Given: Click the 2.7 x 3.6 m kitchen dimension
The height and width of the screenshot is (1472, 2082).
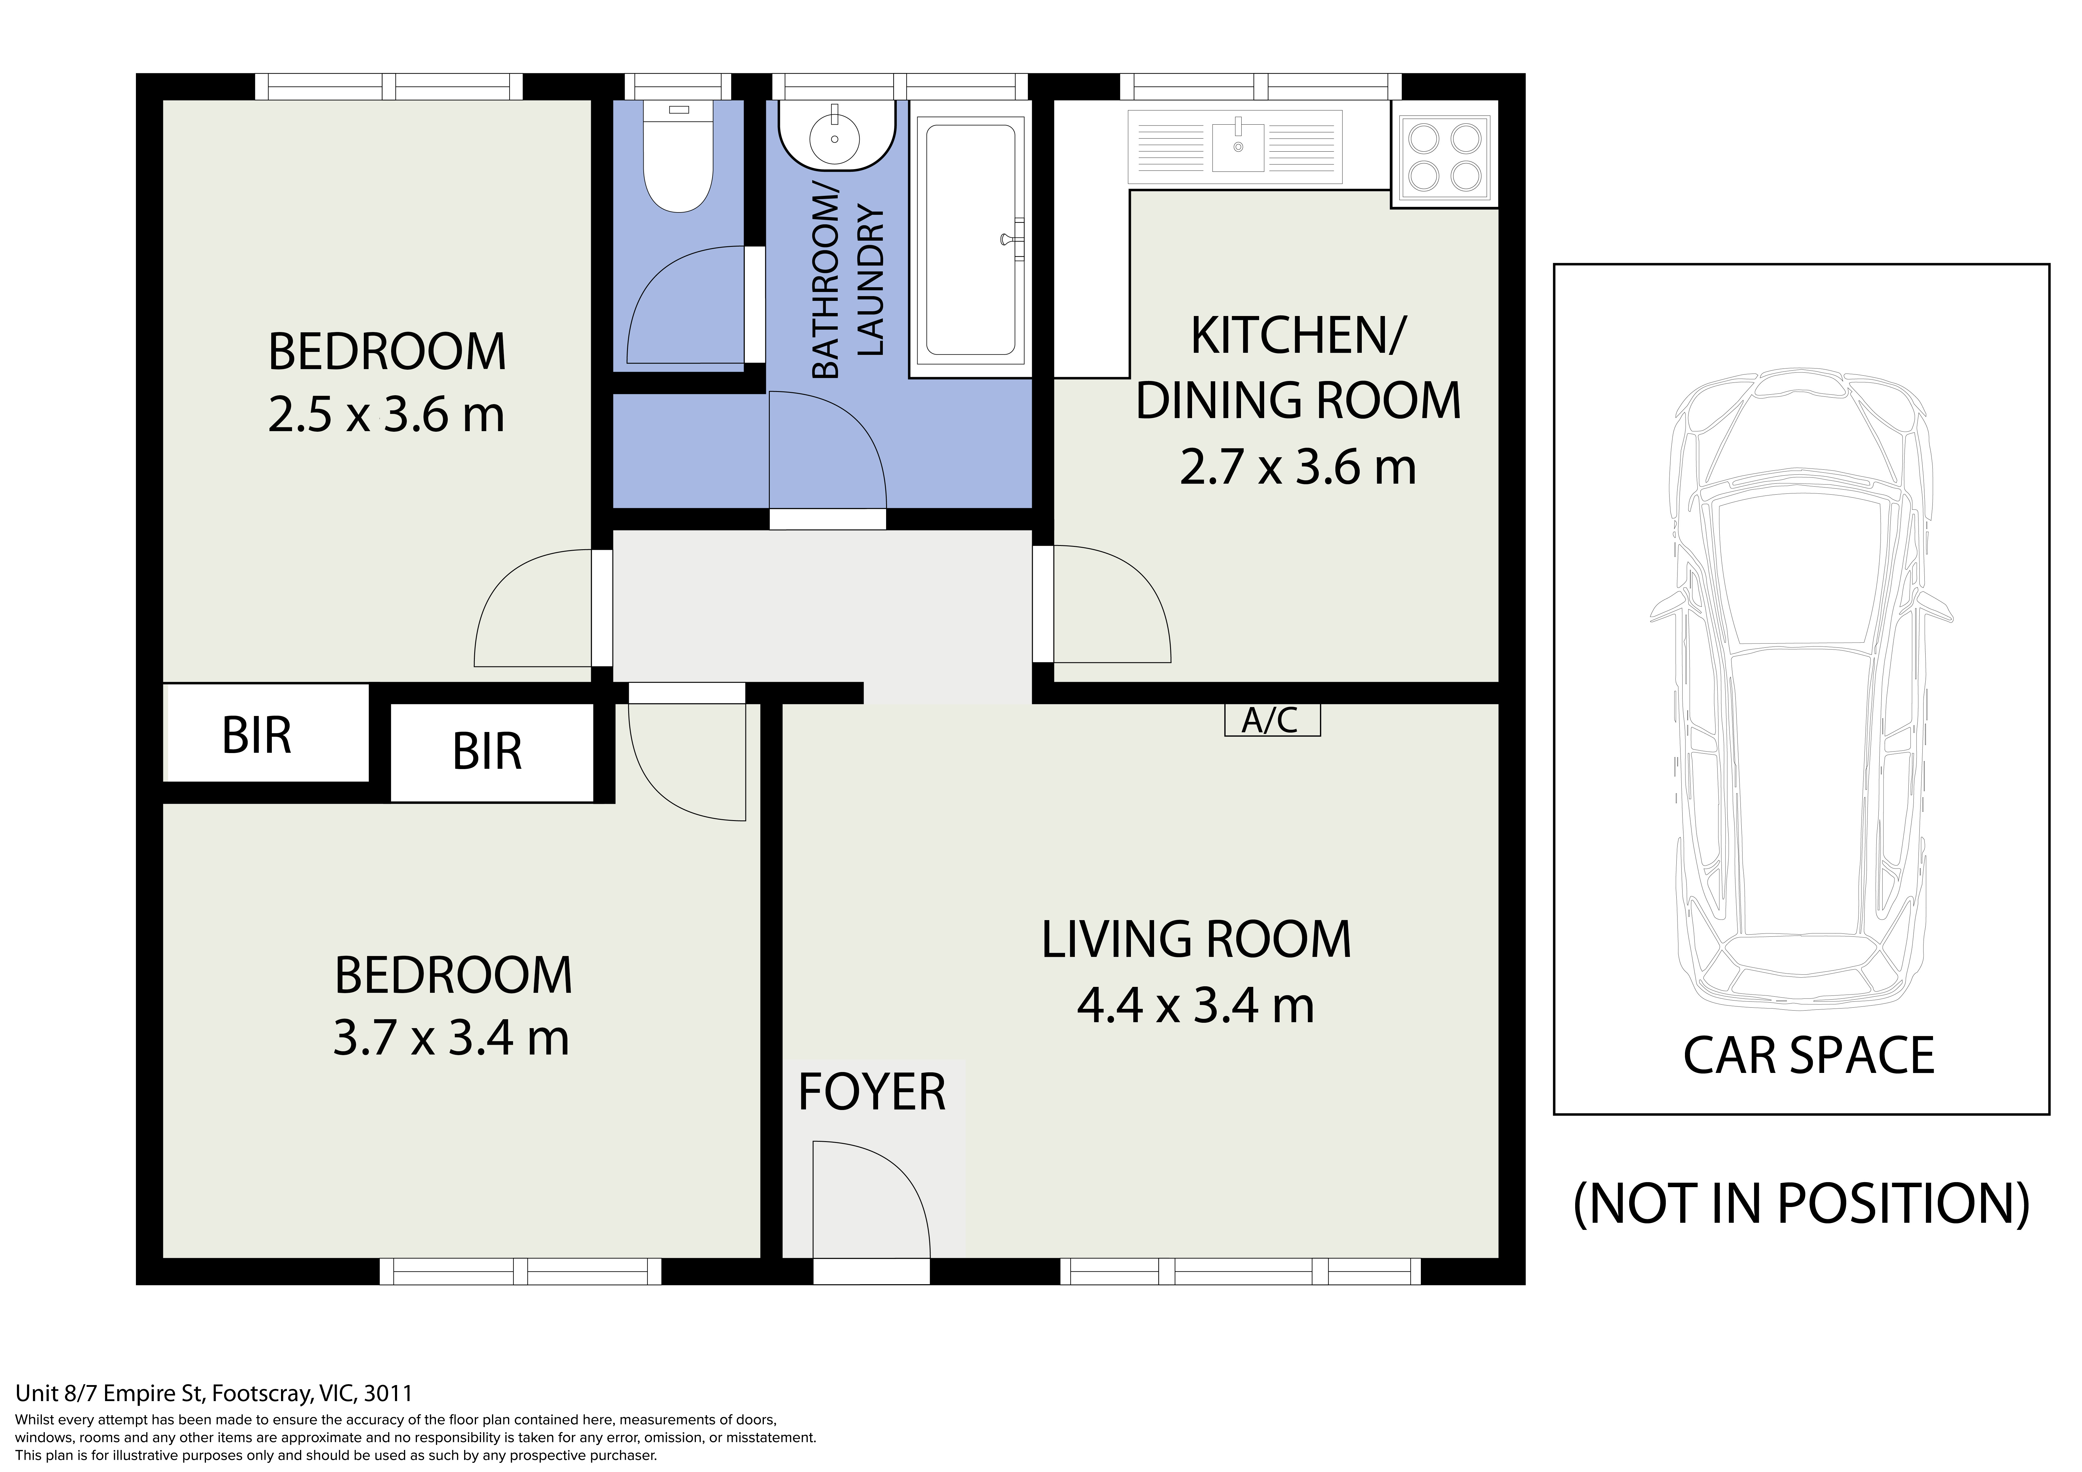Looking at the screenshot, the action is click(1298, 467).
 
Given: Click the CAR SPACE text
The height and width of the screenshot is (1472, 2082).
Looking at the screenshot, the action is click(1808, 1056).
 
